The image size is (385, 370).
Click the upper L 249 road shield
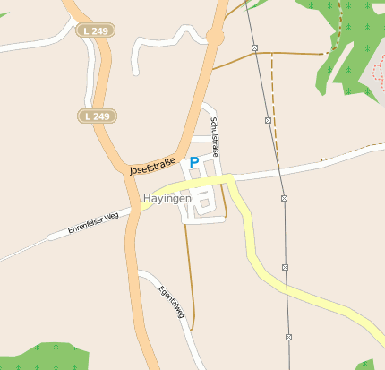[x=96, y=30]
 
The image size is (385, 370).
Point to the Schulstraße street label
[x=215, y=136]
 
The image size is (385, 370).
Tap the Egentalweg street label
[x=171, y=304]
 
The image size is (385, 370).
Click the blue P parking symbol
[x=193, y=162]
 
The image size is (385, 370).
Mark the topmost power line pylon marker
[x=254, y=47]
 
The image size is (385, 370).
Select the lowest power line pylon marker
[x=289, y=337]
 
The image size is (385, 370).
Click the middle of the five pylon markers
[x=284, y=198]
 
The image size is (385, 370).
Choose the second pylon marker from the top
[x=268, y=119]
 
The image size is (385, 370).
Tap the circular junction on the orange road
[x=214, y=36]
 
